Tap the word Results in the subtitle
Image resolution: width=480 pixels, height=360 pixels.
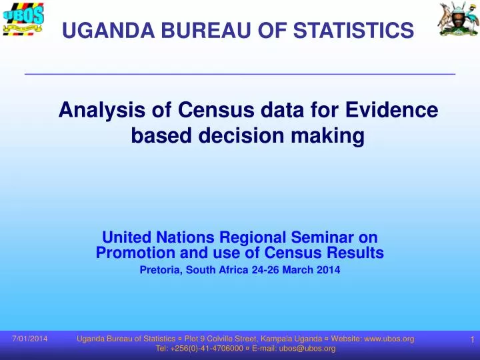355,253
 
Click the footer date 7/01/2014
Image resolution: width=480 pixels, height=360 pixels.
30,339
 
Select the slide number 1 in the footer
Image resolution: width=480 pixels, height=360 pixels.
471,340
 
